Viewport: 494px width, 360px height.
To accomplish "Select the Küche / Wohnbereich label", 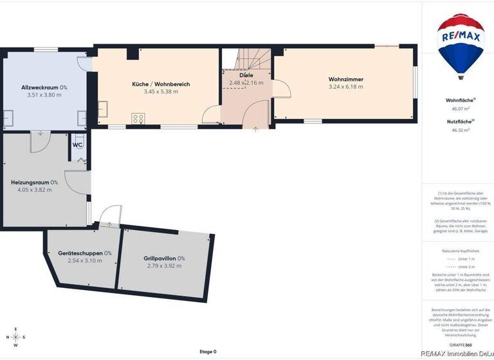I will pos(161,84).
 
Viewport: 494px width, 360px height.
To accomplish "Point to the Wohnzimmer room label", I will pos(345,80).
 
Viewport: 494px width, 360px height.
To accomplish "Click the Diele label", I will pos(246,75).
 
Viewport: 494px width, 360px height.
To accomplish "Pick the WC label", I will pos(77,145).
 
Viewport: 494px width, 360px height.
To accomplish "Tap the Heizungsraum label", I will pos(34,182).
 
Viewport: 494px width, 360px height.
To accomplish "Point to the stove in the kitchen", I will pos(138,118).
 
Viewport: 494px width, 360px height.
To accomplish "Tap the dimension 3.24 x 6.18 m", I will pos(345,87).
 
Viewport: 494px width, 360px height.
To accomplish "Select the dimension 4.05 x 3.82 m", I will pos(34,190).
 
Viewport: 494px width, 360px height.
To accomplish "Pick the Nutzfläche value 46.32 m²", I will pos(460,130).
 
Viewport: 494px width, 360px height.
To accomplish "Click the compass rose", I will pos(15,337).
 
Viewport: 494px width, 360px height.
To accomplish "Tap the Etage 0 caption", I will pos(208,352).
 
